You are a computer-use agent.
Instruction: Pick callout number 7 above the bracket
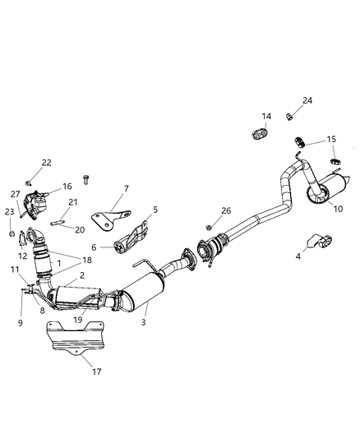(x=126, y=188)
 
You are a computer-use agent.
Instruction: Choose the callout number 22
(x=46, y=163)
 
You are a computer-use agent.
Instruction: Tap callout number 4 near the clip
(x=298, y=256)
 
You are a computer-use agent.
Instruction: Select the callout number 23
(x=9, y=212)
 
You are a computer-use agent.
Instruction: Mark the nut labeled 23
(x=9, y=234)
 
